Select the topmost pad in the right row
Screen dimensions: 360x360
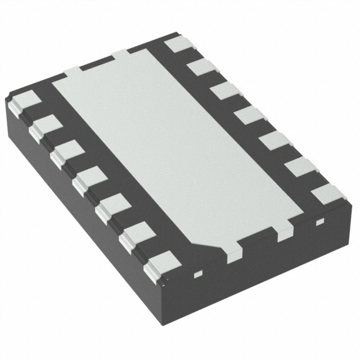coord(179,44)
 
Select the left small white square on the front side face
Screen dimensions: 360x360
coord(197,275)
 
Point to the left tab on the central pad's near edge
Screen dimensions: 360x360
coord(232,251)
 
